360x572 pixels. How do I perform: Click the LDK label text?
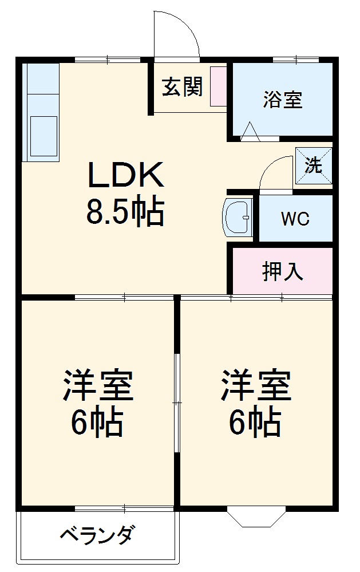pos(126,175)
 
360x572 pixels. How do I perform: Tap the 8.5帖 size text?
pos(125,211)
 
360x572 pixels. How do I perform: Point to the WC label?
pos(295,219)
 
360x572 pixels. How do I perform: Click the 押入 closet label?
pos(282,272)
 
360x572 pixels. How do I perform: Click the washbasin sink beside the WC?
pos(238,218)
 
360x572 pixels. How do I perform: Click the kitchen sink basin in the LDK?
pos(43,135)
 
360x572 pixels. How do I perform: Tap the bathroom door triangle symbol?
pos(250,132)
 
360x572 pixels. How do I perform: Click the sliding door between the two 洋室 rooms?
pos(177,401)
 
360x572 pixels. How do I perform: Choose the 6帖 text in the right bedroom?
pos(255,423)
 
